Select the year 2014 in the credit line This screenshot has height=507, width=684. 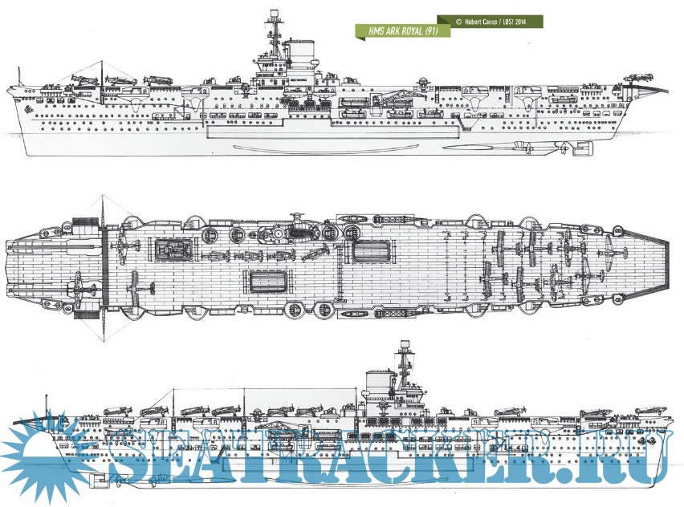click(529, 22)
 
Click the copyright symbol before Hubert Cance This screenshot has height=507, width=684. click(458, 22)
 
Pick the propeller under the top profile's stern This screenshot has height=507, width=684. click(565, 148)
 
